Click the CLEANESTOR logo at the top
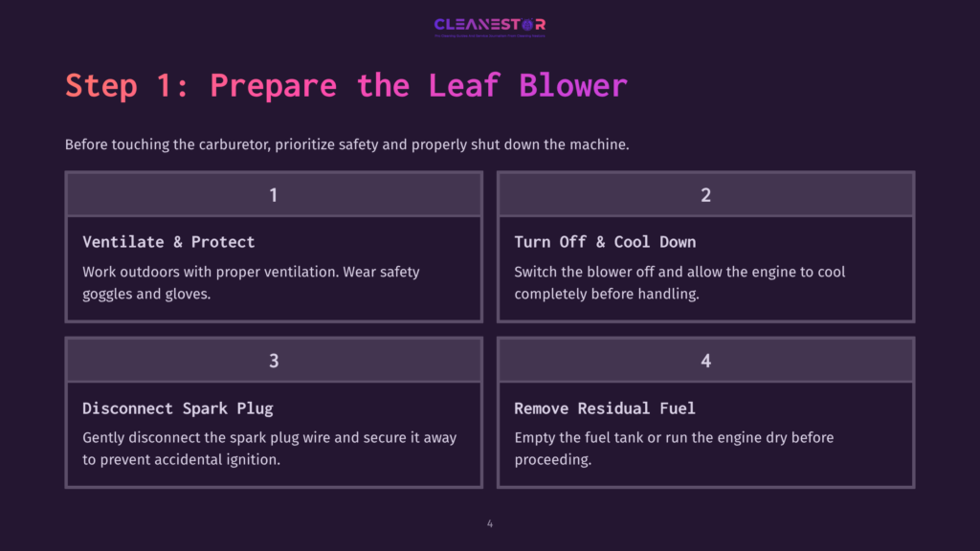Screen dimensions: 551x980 click(489, 25)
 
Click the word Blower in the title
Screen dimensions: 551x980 click(573, 85)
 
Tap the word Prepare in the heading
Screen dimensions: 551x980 click(273, 85)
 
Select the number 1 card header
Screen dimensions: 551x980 click(274, 194)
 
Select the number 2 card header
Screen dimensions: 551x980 click(705, 194)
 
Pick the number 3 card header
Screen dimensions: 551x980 click(274, 361)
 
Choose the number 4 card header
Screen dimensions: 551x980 click(705, 361)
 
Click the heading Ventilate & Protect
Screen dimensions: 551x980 click(168, 242)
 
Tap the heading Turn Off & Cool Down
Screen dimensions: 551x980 click(605, 242)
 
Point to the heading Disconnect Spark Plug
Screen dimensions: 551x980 click(178, 408)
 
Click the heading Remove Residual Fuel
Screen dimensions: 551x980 click(605, 408)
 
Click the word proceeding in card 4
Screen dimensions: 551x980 click(552, 459)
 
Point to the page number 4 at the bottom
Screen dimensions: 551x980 click(490, 523)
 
